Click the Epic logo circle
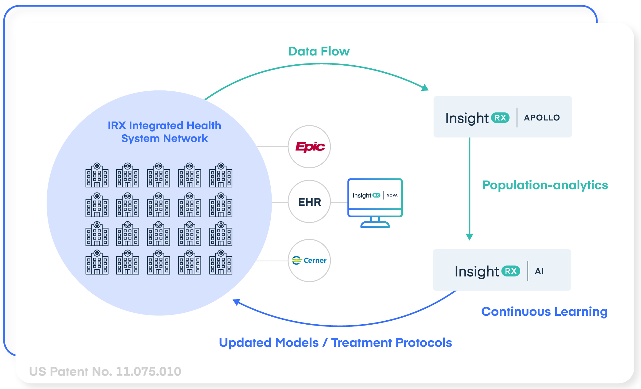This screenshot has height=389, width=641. point(309,147)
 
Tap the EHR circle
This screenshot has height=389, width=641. point(309,202)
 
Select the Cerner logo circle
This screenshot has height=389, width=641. point(309,261)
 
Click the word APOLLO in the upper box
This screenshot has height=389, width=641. point(542,118)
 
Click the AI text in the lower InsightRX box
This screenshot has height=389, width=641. point(539,271)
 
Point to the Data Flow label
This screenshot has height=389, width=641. point(319,51)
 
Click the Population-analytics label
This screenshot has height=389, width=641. point(545,185)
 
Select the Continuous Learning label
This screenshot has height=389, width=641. point(544,311)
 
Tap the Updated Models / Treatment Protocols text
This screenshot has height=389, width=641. point(335,342)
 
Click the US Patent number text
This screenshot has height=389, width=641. point(105,372)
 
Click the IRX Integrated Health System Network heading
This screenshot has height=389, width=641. point(164,132)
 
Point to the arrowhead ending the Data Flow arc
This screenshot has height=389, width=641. point(425,88)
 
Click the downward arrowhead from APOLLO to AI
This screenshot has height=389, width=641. point(469,237)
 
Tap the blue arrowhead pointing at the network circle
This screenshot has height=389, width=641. point(236,302)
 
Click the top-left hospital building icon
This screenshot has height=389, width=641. point(97,175)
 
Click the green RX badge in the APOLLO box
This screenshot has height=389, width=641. point(500,118)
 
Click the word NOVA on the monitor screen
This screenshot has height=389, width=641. point(392,195)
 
